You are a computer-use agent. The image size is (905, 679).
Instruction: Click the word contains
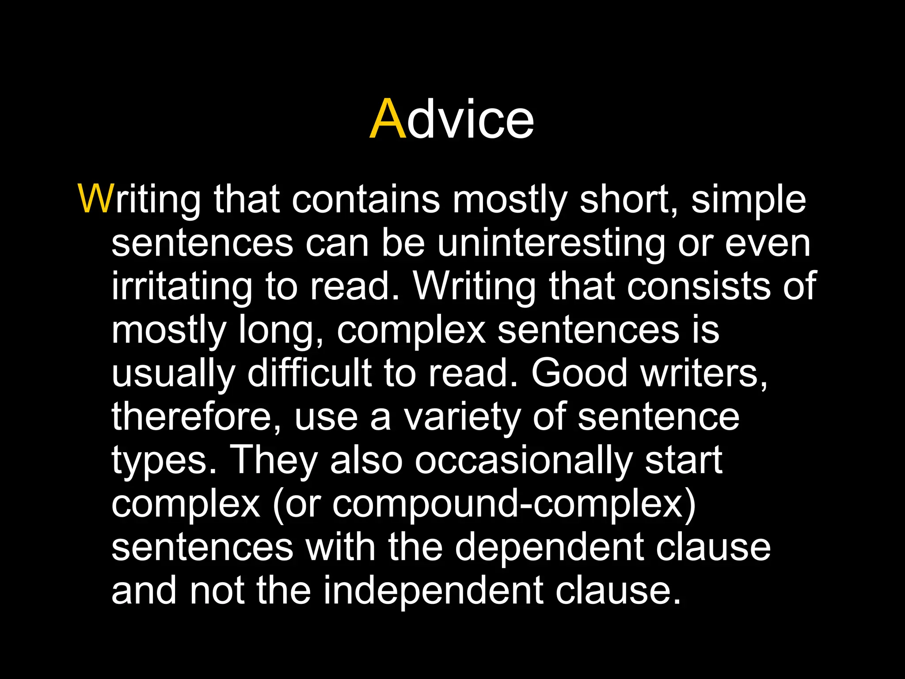point(366,199)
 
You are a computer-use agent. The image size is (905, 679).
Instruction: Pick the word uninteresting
point(551,244)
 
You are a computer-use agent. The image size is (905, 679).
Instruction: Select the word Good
point(579,373)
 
